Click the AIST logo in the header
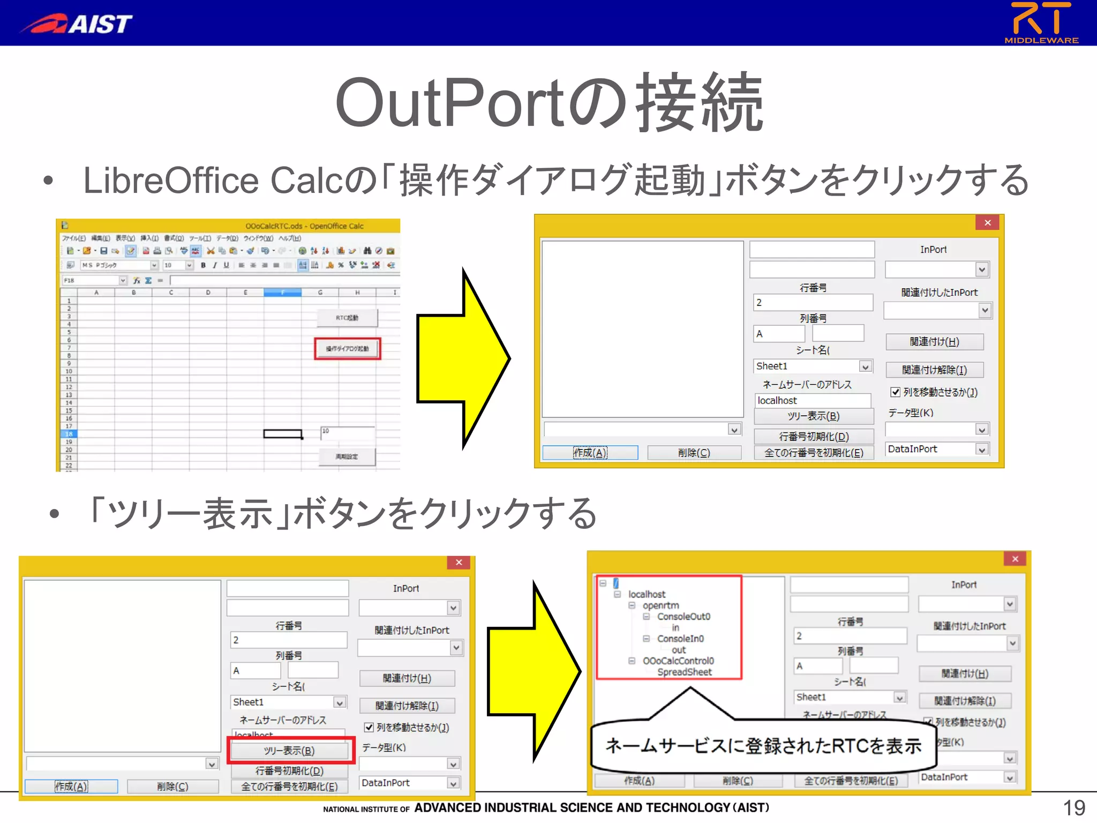[76, 23]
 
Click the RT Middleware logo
[1041, 23]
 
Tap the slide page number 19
[1073, 807]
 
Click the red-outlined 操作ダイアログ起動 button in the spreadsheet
[347, 349]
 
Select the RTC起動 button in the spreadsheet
[347, 318]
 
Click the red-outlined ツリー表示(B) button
[290, 750]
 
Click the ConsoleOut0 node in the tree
[683, 616]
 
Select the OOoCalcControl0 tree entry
[678, 661]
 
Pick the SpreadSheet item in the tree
[685, 672]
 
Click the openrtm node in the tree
[660, 605]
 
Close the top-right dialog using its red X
[987, 222]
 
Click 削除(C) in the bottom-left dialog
[172, 786]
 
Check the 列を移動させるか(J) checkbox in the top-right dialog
[895, 392]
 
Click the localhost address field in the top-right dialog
[812, 400]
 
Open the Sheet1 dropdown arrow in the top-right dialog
[865, 366]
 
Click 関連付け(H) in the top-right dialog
[934, 342]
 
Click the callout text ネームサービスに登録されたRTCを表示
[763, 745]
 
